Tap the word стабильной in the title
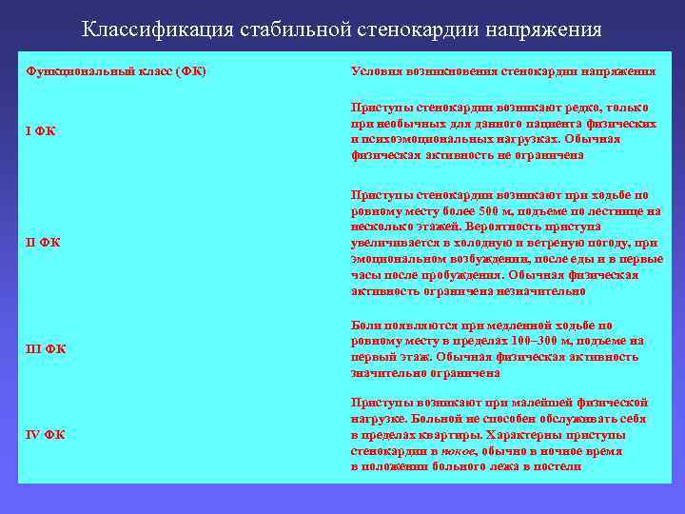(273, 30)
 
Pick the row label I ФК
(40, 130)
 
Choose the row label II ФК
(43, 242)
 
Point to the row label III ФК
(46, 349)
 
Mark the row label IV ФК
(46, 435)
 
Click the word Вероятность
(501, 227)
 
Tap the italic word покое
(460, 450)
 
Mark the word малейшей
(545, 403)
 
